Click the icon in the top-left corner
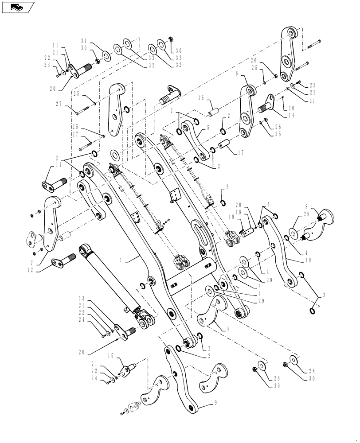pos(18,7)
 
